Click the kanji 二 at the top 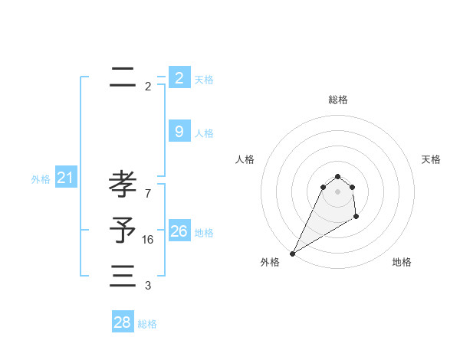click(x=123, y=77)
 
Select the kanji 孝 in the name click(x=123, y=185)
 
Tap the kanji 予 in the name click(x=123, y=230)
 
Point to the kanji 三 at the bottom click(x=123, y=276)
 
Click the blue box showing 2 click(x=179, y=77)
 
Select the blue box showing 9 click(x=179, y=132)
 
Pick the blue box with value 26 click(x=179, y=231)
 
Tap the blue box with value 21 click(x=65, y=178)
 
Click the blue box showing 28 click(x=122, y=322)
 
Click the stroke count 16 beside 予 click(x=148, y=240)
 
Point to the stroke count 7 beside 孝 click(x=148, y=194)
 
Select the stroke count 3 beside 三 click(x=148, y=286)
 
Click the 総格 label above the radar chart click(x=338, y=100)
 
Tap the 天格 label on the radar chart click(x=431, y=159)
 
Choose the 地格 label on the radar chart click(x=402, y=262)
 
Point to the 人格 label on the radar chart click(x=245, y=159)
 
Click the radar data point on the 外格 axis click(x=292, y=254)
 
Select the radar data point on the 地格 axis click(x=356, y=218)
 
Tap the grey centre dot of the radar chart click(x=338, y=191)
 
